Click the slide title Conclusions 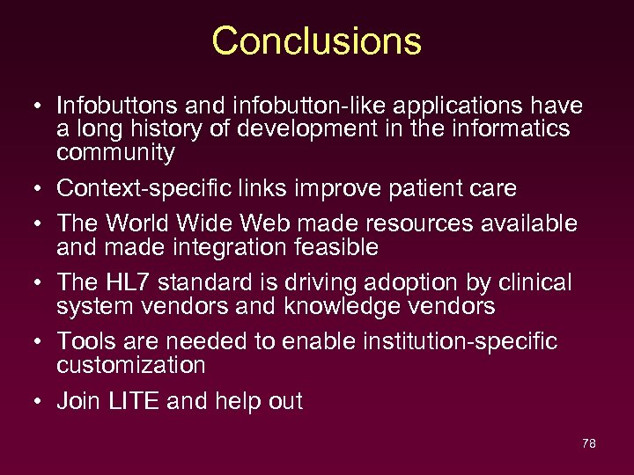[316, 41]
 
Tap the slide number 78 [589, 443]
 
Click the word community [115, 153]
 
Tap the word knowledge [340, 306]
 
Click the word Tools [85, 341]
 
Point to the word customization [130, 365]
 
